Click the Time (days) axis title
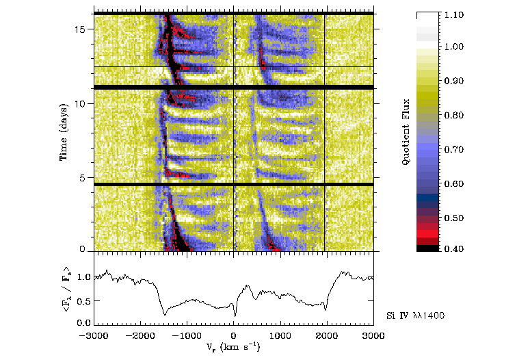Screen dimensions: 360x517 click(63, 133)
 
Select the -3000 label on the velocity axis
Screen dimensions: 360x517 click(92, 337)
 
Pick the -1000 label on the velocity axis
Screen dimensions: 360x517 click(185, 337)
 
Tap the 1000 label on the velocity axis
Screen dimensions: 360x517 click(280, 337)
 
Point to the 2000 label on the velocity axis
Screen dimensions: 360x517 click(327, 337)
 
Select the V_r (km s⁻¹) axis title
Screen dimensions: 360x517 click(233, 348)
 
